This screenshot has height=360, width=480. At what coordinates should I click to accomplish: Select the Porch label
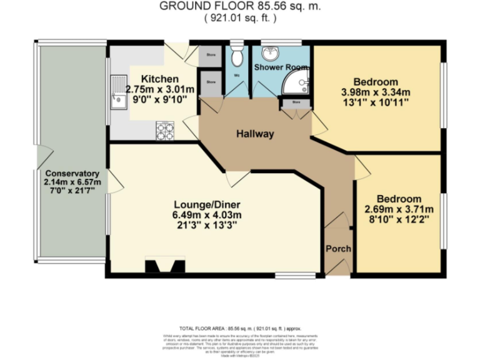coord(338,248)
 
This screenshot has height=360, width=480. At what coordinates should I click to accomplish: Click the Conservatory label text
coord(72,173)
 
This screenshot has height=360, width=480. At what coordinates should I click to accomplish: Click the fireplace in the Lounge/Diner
coord(165,267)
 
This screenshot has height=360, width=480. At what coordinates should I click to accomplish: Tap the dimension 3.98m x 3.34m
coord(376,92)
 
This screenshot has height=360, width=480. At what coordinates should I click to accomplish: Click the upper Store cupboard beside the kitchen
coord(211,54)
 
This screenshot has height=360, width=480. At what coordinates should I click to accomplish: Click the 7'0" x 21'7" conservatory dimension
coord(72,191)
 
